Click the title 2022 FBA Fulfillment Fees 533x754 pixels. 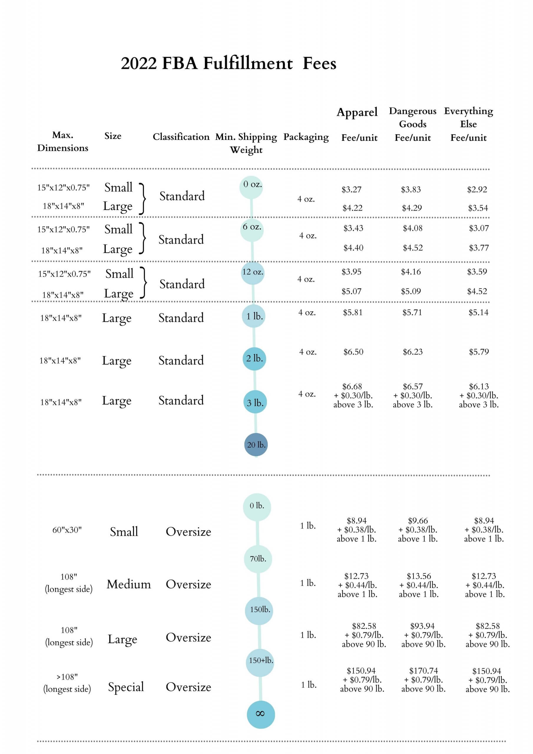[228, 63]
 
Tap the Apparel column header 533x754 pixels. [357, 112]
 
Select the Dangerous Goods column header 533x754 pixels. [413, 118]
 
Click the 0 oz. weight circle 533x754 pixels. [251, 186]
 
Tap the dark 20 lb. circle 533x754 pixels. [256, 445]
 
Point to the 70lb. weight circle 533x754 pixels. [258, 559]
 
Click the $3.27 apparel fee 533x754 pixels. [351, 189]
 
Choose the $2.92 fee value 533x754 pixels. [477, 189]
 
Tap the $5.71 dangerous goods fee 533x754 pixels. [412, 312]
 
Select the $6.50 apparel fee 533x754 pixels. [353, 352]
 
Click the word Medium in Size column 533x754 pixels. [129, 585]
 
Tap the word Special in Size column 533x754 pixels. [126, 687]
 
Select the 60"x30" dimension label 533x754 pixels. [67, 530]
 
